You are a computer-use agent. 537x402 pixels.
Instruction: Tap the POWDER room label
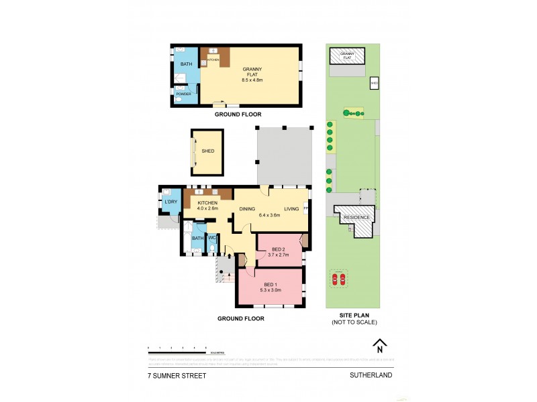(183, 94)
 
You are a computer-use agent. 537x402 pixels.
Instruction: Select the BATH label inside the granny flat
(186, 64)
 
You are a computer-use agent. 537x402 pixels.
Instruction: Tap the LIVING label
(291, 208)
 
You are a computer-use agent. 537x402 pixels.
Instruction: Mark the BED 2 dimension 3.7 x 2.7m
(278, 255)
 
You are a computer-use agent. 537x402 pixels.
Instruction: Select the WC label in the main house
(211, 238)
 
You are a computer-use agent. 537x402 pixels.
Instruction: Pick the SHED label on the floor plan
(207, 151)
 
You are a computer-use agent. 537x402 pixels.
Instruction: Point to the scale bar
(177, 350)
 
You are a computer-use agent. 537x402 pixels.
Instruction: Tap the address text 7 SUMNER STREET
(177, 376)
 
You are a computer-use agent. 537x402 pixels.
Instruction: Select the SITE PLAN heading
(354, 315)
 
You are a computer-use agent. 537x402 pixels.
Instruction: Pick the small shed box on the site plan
(375, 83)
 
